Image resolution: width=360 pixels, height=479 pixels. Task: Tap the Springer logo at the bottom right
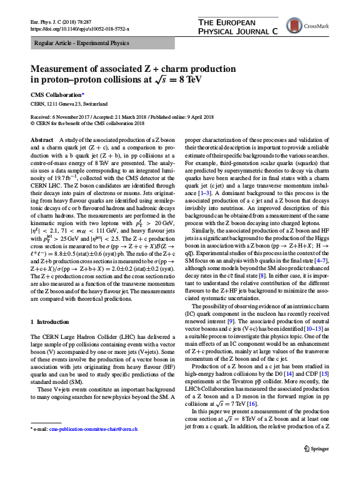317,465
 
